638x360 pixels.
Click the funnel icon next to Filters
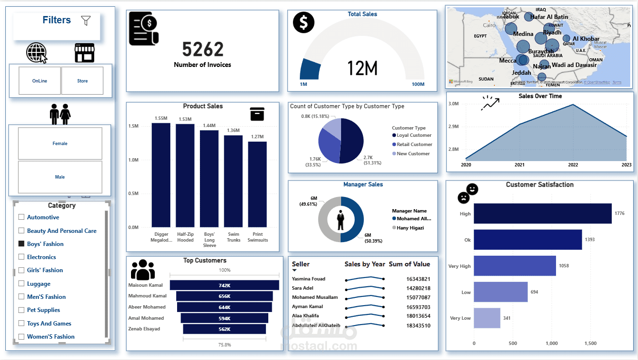point(86,20)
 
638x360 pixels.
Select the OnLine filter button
point(40,81)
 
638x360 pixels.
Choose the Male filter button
point(60,177)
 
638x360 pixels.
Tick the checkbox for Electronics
point(21,257)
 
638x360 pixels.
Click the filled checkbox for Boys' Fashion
point(21,244)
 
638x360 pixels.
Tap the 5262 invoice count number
point(203,49)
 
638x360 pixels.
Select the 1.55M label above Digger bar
point(161,118)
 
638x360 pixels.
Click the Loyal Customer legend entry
point(414,135)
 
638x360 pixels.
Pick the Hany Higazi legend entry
point(410,228)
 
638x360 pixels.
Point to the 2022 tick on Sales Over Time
point(573,165)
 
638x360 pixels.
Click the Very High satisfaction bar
point(515,266)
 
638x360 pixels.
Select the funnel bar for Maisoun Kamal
point(224,285)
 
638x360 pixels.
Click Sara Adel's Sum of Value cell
point(418,288)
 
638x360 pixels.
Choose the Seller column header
point(301,264)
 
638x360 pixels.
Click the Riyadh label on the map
point(552,33)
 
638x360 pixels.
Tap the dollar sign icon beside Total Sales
point(304,22)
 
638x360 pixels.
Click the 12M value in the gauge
point(362,69)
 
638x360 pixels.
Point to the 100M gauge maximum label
point(418,84)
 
